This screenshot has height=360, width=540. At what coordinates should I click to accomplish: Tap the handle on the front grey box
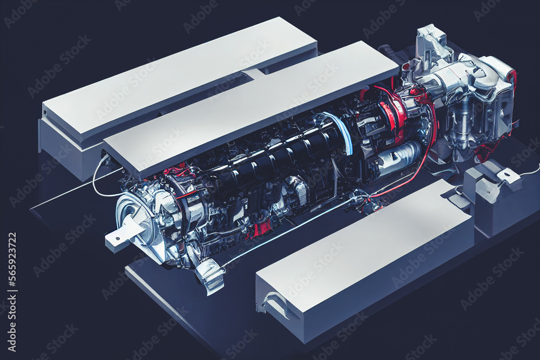tap(276, 303)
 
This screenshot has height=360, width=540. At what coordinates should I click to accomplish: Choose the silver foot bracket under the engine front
tap(211, 275)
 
